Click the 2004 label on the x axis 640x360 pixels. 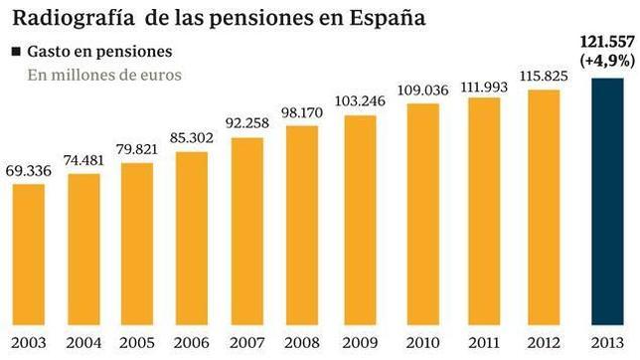coord(82,343)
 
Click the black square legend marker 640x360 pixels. coord(17,51)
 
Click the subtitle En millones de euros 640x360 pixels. coord(104,76)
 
